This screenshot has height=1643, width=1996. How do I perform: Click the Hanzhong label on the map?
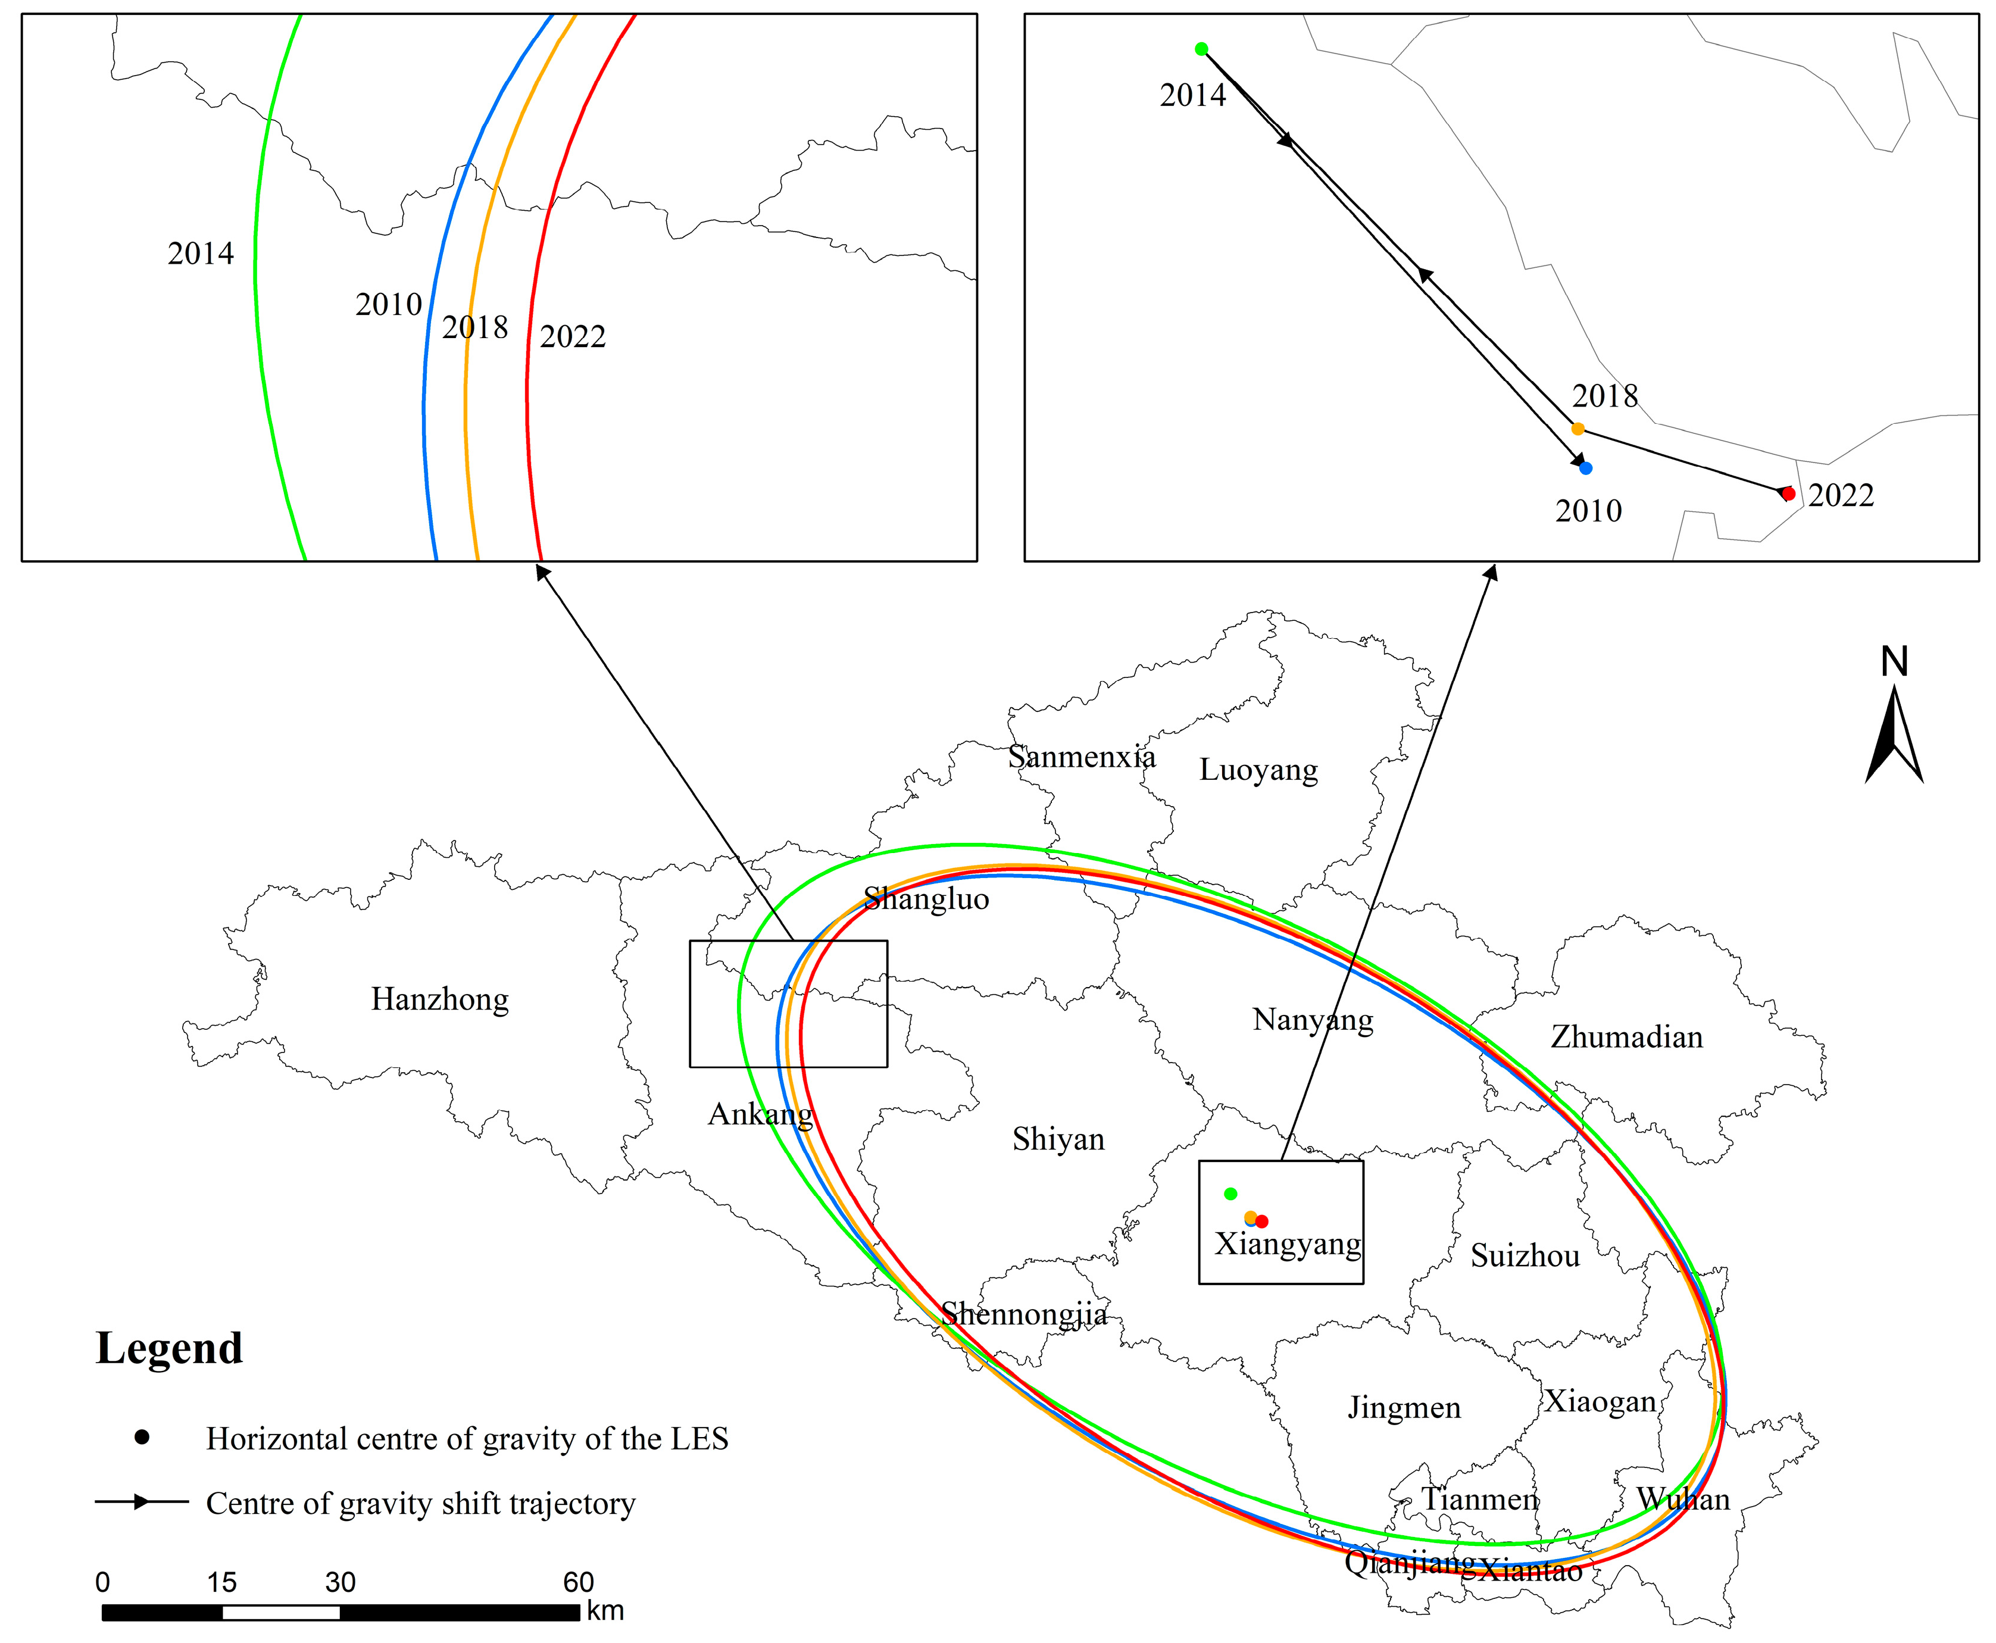[x=439, y=999]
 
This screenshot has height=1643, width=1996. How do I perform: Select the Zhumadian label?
[x=1626, y=1037]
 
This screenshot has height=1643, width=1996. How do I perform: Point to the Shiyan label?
[x=1058, y=1139]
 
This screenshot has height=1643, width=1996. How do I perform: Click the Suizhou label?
[x=1525, y=1256]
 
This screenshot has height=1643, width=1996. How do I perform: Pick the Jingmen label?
[x=1404, y=1408]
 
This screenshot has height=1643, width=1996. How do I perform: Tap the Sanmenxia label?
[x=1081, y=757]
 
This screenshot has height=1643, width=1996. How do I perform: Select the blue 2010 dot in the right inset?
[x=1585, y=467]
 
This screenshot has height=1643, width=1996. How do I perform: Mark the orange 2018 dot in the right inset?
[x=1578, y=429]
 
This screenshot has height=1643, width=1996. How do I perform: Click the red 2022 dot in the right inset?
[x=1788, y=493]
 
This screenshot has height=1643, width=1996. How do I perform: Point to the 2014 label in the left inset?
[x=201, y=254]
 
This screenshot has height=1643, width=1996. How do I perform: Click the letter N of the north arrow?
[x=1894, y=661]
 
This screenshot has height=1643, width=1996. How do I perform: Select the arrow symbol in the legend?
[x=141, y=1502]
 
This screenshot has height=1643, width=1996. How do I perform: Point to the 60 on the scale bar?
[x=578, y=1582]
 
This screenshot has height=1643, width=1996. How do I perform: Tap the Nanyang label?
[x=1312, y=1020]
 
